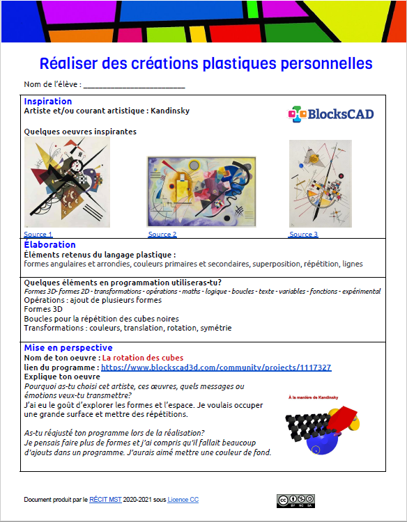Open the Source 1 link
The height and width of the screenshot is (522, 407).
click(38, 235)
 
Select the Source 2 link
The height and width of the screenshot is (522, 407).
click(162, 235)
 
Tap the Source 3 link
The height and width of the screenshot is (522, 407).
click(304, 235)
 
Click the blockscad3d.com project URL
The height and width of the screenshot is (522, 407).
click(216, 367)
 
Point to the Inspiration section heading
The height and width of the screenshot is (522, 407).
click(48, 102)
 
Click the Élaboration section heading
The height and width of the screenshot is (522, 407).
click(49, 245)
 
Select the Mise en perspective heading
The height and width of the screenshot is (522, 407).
click(68, 348)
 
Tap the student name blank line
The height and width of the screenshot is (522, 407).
click(134, 85)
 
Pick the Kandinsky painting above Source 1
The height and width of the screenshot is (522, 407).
click(67, 182)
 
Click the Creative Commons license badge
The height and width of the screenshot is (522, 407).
click(295, 500)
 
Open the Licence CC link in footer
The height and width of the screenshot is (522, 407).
click(183, 500)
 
